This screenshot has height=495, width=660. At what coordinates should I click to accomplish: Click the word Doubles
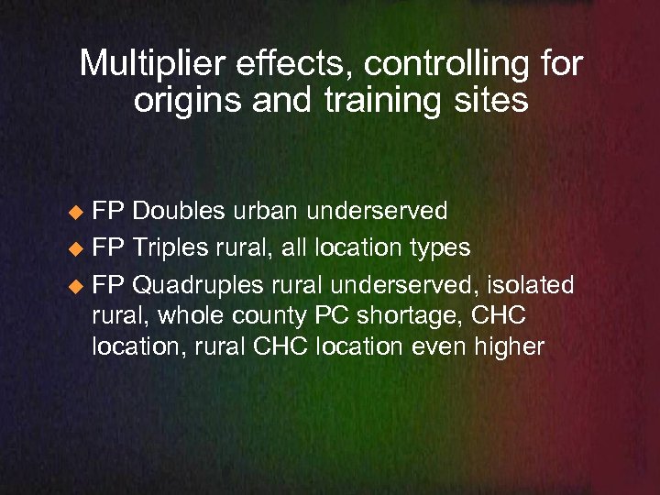(x=178, y=212)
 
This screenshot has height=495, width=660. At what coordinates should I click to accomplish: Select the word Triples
(x=170, y=247)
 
